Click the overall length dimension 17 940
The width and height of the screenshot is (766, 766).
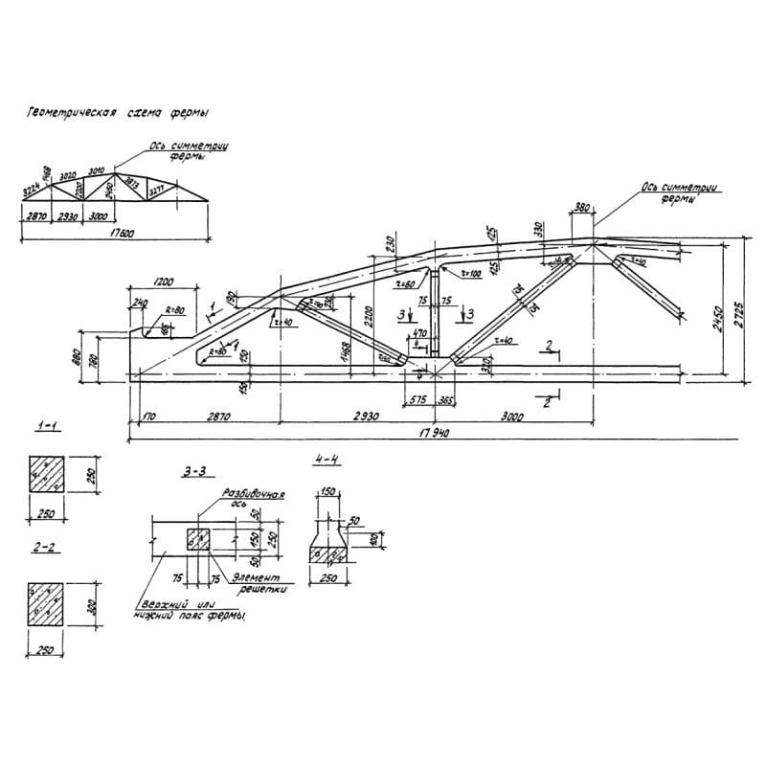click(433, 433)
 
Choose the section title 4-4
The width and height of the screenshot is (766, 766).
click(327, 460)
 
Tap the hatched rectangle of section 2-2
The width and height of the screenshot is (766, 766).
click(47, 605)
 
